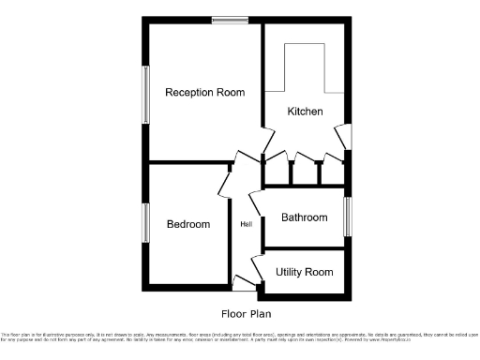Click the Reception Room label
click(204, 93)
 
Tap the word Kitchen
click(305, 112)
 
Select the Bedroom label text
click(187, 224)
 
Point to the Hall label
click(246, 224)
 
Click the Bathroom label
click(305, 217)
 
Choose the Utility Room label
click(305, 272)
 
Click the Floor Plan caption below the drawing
click(247, 314)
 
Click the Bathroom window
click(348, 217)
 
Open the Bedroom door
click(226, 179)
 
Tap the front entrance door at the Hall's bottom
click(244, 282)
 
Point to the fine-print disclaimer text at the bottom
click(240, 337)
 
